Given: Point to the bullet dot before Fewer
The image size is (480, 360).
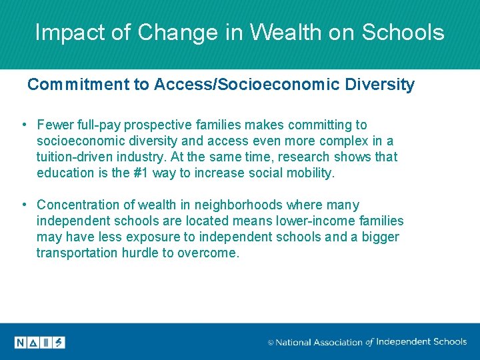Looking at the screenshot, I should click(23, 125).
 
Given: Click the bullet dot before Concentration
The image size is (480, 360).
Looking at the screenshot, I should click(23, 205).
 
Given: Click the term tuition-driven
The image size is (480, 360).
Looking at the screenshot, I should click(79, 157).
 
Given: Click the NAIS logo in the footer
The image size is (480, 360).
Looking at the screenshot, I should click(40, 342).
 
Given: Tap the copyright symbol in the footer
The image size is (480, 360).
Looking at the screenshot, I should click(271, 343).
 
